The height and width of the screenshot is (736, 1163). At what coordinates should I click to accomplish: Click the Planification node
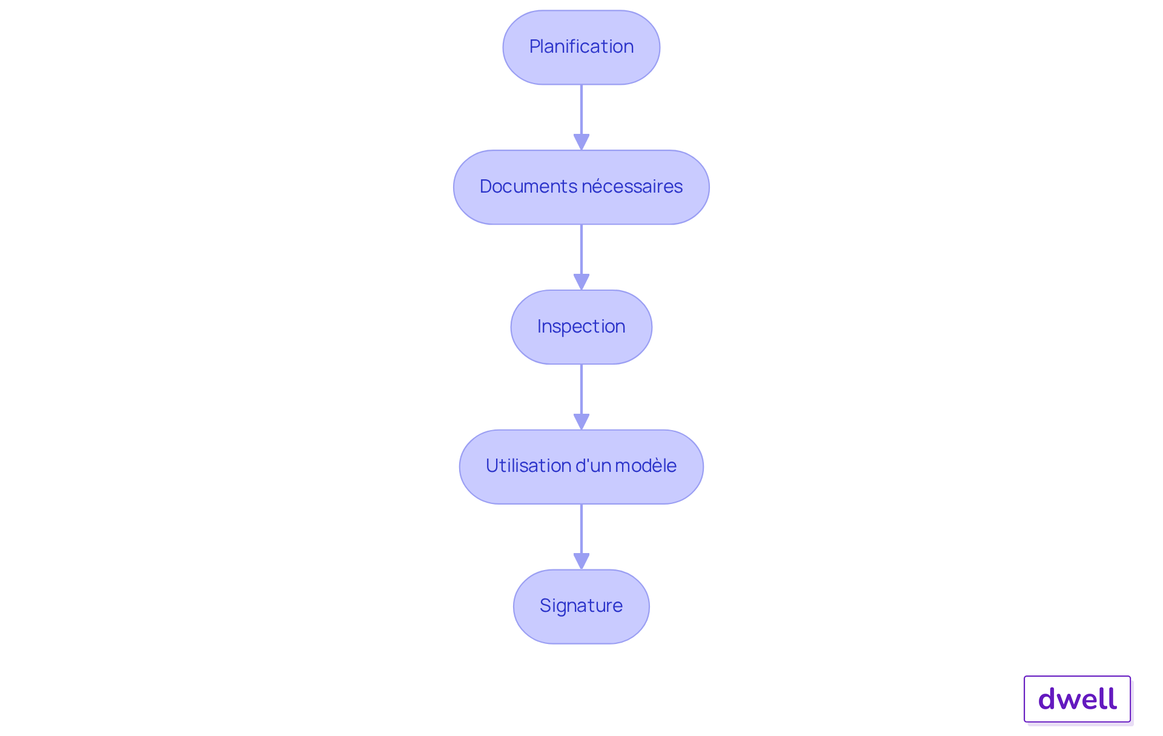[x=581, y=47]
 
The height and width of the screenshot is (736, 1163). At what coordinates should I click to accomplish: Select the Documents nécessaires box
[x=581, y=187]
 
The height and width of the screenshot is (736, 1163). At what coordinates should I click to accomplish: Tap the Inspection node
[x=581, y=327]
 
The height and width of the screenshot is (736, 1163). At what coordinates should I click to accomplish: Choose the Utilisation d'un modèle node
[x=581, y=467]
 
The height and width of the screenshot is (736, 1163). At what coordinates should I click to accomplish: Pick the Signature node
[x=581, y=606]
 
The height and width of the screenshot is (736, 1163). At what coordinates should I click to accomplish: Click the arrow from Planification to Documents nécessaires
[x=581, y=118]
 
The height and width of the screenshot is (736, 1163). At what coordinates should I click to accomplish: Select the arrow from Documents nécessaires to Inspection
[x=581, y=257]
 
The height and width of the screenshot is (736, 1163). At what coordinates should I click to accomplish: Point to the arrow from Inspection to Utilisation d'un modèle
[x=581, y=397]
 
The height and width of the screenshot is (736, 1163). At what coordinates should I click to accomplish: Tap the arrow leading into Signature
[x=581, y=537]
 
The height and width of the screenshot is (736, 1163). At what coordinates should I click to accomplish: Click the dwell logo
[x=1078, y=699]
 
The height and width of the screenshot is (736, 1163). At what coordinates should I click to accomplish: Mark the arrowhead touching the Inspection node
[x=581, y=282]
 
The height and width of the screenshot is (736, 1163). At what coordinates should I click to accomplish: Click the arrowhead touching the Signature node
[x=581, y=562]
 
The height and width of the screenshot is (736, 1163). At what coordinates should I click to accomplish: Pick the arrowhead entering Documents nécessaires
[x=581, y=142]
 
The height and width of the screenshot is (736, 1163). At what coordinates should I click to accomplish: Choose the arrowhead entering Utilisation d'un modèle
[x=581, y=422]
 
